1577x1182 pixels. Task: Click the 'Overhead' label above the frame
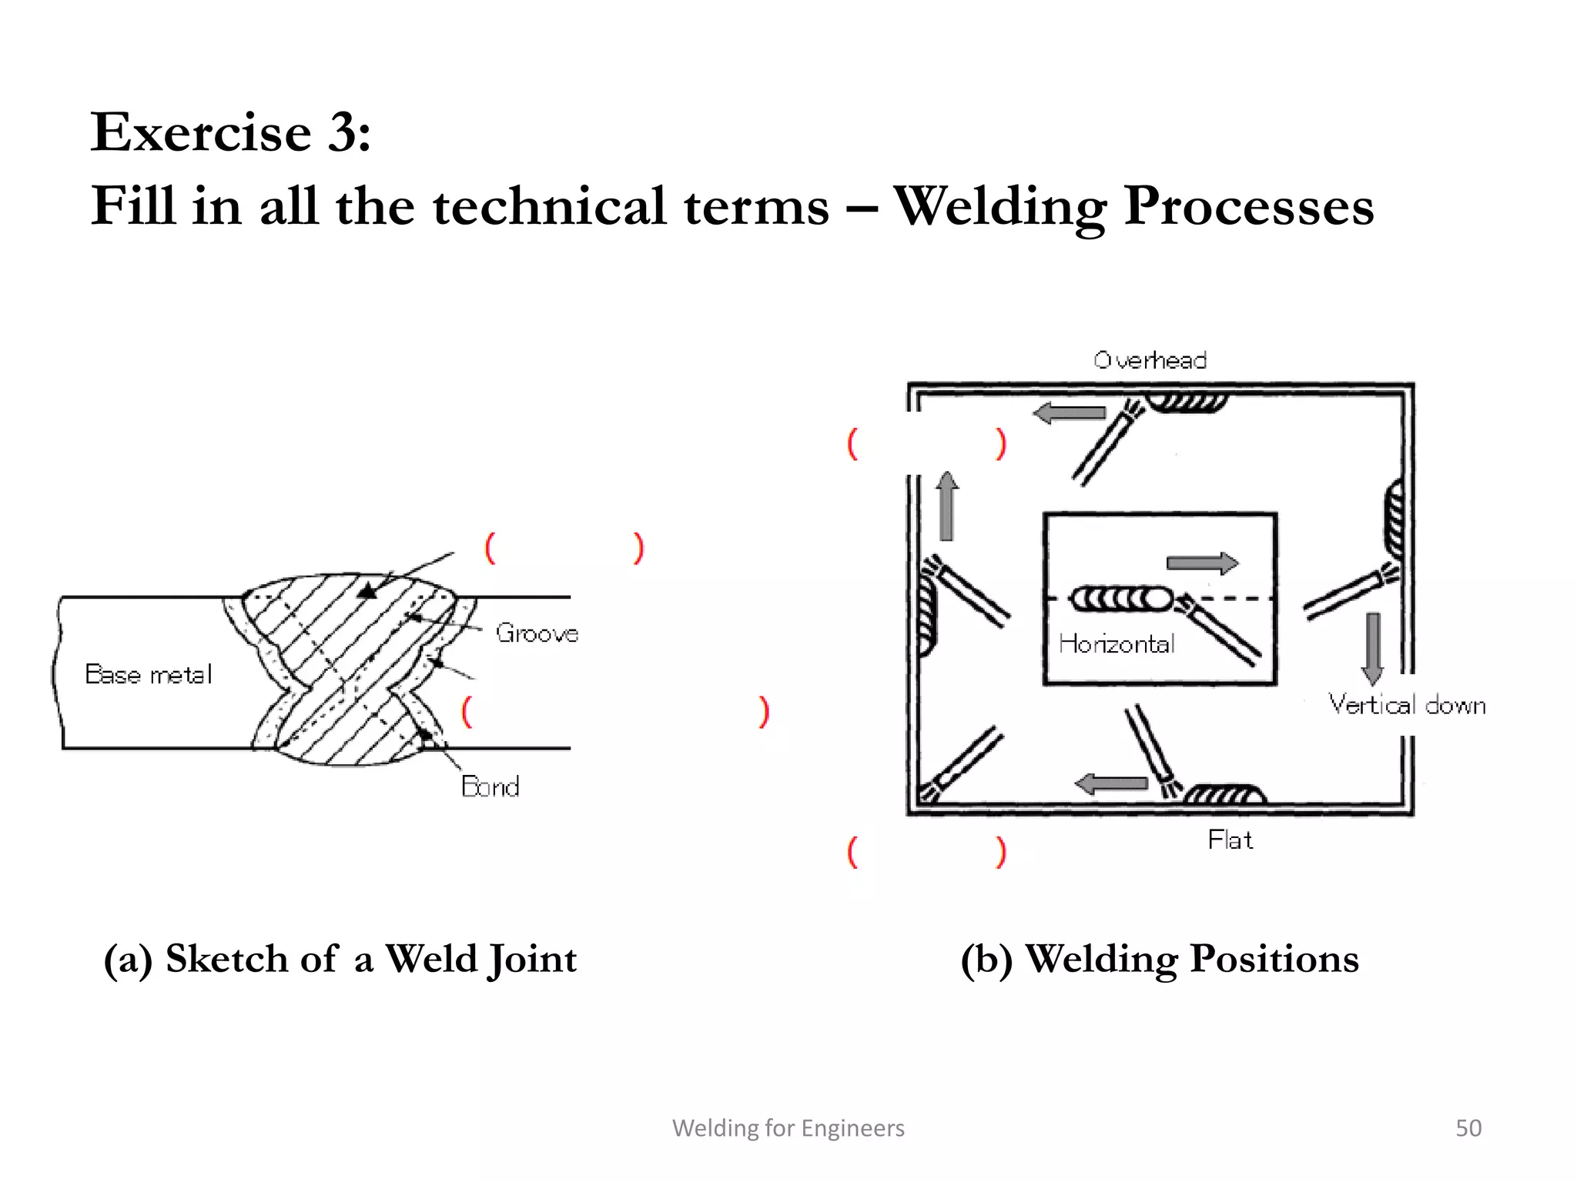1150,360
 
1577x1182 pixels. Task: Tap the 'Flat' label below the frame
1230,840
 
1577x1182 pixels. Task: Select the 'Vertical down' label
1407,705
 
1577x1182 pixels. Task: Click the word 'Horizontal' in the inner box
1117,643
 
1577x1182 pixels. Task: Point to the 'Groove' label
537,633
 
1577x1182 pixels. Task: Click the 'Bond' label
490,786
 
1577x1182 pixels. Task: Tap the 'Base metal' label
148,674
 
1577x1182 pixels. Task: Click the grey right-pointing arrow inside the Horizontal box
1202,563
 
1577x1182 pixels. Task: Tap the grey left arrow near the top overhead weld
1070,413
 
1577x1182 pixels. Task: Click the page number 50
1468,1127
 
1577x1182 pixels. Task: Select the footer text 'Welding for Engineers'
788,1127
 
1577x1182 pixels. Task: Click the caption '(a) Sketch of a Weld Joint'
340,959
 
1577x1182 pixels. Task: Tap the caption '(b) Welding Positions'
1160,959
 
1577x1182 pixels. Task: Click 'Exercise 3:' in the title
231,132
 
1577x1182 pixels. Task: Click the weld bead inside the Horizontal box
1121,599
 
